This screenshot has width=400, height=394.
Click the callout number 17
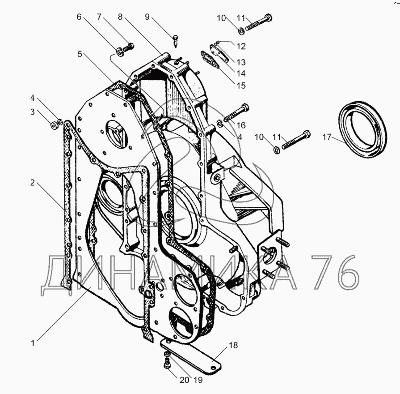coord(327,137)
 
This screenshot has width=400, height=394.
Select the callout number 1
coord(33,343)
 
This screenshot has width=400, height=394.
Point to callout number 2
coord(32,182)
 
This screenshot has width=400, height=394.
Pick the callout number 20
coord(184,380)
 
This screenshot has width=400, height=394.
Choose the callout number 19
coord(198,380)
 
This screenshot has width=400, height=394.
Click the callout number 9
coord(147,17)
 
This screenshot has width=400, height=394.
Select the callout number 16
coord(241,125)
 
